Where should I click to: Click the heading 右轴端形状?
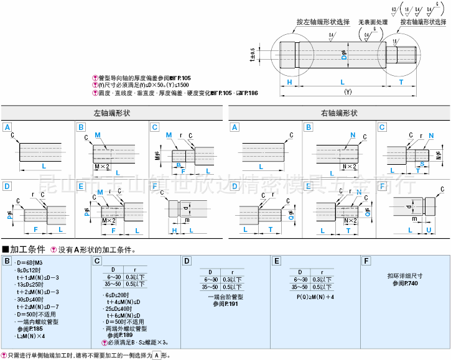[339, 114]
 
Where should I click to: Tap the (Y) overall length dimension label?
[347, 91]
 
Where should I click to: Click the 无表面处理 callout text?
[373, 22]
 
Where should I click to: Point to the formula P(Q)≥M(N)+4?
[315, 297]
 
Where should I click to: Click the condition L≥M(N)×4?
[31, 336]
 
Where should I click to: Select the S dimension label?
[421, 164]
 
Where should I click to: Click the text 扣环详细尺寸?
[404, 276]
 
